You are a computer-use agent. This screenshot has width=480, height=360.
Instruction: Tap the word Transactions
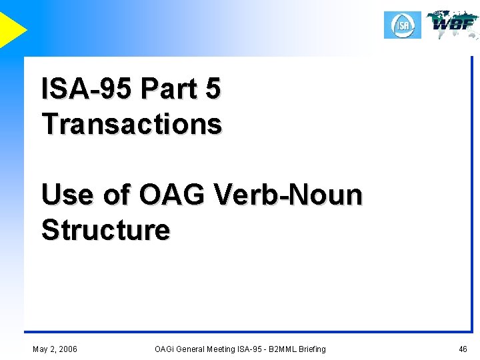point(131,124)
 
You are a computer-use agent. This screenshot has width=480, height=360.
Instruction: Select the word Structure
point(105,230)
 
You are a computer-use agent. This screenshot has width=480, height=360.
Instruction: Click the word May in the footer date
point(41,349)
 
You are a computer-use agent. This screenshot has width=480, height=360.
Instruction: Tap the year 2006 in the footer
point(67,349)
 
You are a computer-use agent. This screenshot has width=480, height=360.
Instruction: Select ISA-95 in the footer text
point(253,349)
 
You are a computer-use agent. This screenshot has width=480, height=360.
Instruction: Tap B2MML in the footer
point(284,349)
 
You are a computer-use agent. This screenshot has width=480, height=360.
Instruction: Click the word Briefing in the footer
point(313,349)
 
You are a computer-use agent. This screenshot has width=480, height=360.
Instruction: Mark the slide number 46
point(463,349)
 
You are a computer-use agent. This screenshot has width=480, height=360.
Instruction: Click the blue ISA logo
point(403,25)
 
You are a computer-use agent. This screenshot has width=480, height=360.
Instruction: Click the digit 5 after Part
point(213,89)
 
